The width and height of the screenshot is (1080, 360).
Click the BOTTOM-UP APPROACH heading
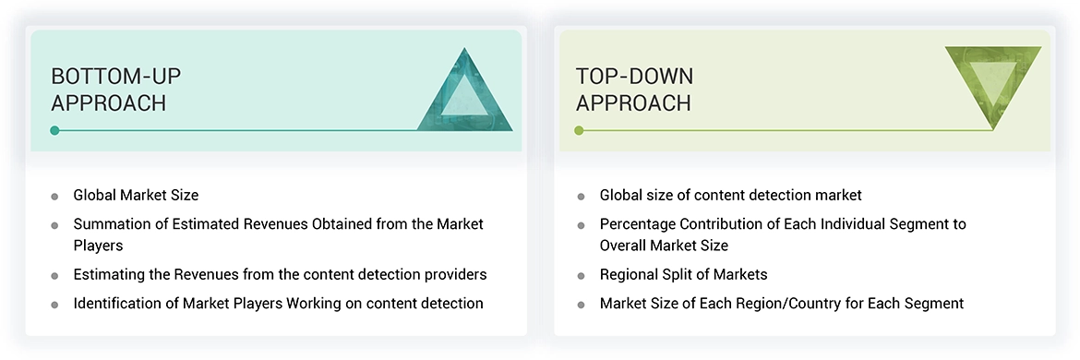tap(109, 89)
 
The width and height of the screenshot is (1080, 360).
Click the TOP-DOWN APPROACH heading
tap(634, 89)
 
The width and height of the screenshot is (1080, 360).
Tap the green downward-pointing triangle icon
tap(992, 85)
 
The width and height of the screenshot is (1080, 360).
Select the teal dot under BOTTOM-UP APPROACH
tap(54, 130)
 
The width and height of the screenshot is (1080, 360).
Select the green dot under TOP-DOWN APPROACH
tap(579, 130)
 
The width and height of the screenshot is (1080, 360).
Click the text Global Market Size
tap(136, 195)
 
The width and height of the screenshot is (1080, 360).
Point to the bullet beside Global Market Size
tap(54, 196)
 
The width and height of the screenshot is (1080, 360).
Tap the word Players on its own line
tap(98, 246)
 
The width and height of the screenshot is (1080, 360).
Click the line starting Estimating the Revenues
tap(280, 274)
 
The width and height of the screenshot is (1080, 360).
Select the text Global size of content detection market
tap(730, 195)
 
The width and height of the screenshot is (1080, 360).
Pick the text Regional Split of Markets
tap(683, 274)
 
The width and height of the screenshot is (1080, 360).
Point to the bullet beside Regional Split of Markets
tap(581, 275)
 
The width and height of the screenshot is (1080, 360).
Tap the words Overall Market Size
tap(664, 246)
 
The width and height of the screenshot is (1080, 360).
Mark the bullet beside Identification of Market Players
tap(54, 304)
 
